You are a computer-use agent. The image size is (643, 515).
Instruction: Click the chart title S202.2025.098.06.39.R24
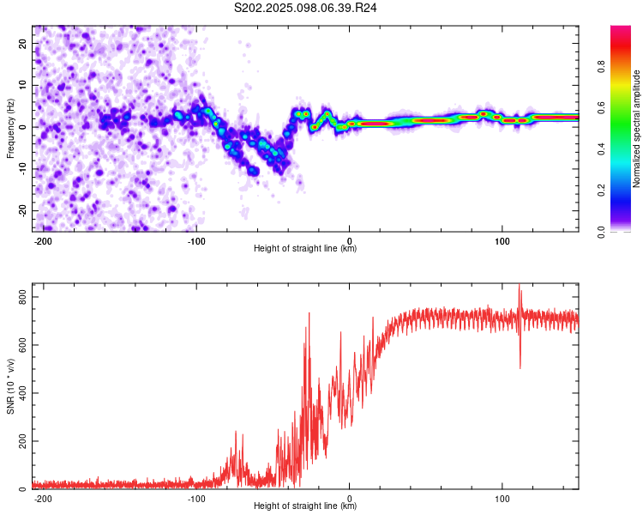pyautogui.click(x=305, y=8)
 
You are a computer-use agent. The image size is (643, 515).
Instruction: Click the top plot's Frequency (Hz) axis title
pyautogui.click(x=10, y=129)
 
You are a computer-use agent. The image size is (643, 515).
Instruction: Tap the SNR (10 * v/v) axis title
pyautogui.click(x=10, y=386)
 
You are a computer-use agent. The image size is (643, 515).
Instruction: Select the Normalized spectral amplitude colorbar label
pyautogui.click(x=636, y=129)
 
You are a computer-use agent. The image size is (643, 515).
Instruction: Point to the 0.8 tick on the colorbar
pyautogui.click(x=601, y=67)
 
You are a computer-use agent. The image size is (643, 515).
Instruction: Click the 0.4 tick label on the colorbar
pyautogui.click(x=601, y=149)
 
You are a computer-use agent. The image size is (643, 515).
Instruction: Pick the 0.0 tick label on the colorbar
pyautogui.click(x=601, y=232)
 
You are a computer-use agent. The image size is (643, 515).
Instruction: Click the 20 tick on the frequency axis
pyautogui.click(x=23, y=44)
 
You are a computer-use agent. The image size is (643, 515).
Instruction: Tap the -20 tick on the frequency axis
pyautogui.click(x=23, y=211)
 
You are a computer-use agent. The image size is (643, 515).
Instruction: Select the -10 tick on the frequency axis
pyautogui.click(x=23, y=169)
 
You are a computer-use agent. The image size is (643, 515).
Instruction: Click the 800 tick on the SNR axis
pyautogui.click(x=23, y=297)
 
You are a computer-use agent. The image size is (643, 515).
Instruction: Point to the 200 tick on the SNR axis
pyautogui.click(x=23, y=441)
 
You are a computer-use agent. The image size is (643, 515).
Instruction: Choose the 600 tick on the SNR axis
pyautogui.click(x=23, y=345)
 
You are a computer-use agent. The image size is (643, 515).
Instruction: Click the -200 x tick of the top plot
pyautogui.click(x=42, y=241)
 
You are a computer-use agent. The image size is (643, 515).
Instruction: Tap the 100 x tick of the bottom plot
pyautogui.click(x=502, y=499)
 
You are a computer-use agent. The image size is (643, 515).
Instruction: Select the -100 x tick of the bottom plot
pyautogui.click(x=196, y=499)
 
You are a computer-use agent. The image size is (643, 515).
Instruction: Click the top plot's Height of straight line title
pyautogui.click(x=305, y=248)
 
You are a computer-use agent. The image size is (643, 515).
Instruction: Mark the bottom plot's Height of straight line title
pyautogui.click(x=305, y=506)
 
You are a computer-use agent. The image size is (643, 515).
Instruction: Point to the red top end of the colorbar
pyautogui.click(x=621, y=27)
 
